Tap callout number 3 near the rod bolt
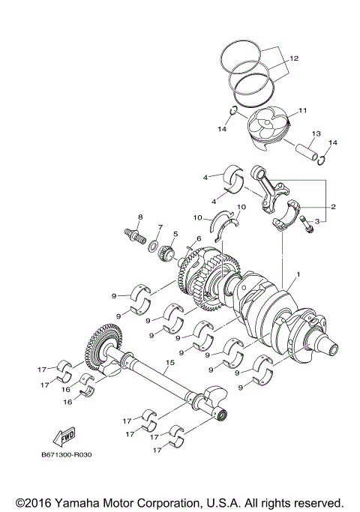[x=317, y=221]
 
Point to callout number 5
[x=175, y=233]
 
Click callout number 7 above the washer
[x=159, y=226]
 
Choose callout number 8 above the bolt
[x=139, y=217]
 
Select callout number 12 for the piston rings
[x=294, y=58]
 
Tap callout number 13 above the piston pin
[x=316, y=133]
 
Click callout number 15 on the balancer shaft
[x=170, y=362]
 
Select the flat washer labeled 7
[x=153, y=246]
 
